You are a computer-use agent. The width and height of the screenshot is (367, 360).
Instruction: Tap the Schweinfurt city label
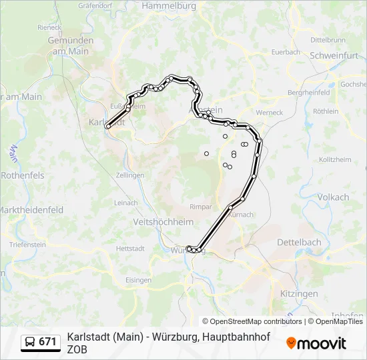[334, 56]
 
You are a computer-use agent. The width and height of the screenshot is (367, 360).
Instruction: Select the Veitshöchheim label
[163, 222]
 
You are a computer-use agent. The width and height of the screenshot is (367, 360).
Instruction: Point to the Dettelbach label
[299, 242]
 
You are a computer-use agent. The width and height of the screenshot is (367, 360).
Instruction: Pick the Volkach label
[333, 197]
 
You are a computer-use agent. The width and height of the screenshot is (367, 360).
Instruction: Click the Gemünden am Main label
[71, 45]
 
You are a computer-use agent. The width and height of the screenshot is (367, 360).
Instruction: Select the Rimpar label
[201, 207]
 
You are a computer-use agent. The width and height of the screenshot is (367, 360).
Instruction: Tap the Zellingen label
[129, 175]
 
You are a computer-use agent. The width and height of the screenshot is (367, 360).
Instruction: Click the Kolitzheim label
[335, 160]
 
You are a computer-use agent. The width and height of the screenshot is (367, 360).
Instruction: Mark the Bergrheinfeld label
[308, 92]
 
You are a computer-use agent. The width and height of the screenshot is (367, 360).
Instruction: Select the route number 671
[48, 342]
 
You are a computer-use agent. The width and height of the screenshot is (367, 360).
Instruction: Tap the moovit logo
[316, 343]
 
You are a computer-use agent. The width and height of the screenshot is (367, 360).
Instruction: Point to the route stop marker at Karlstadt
[108, 126]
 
